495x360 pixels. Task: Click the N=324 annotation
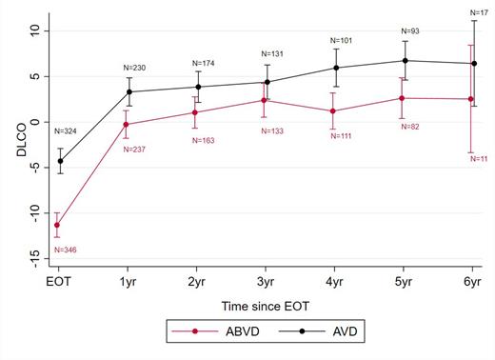[67, 130]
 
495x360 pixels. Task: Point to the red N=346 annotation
[67, 250]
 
